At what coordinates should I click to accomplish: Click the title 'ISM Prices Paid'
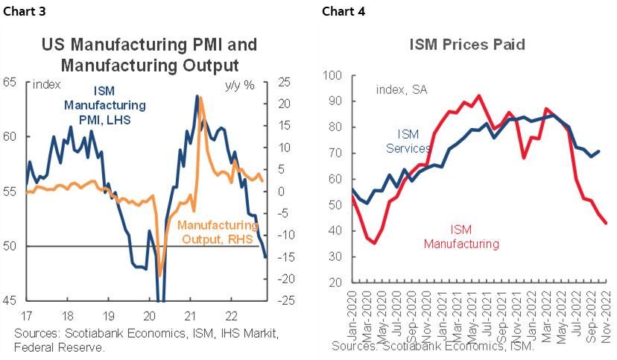(467, 45)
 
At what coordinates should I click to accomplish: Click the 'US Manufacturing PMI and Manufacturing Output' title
(149, 54)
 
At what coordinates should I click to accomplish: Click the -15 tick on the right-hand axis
(286, 257)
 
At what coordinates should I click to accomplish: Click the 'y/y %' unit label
(239, 84)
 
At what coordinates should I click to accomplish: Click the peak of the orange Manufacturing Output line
(200, 98)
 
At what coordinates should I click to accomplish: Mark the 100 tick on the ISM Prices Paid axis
(331, 75)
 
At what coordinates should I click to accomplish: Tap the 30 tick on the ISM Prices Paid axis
(333, 257)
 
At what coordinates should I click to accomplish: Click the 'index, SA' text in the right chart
(402, 90)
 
